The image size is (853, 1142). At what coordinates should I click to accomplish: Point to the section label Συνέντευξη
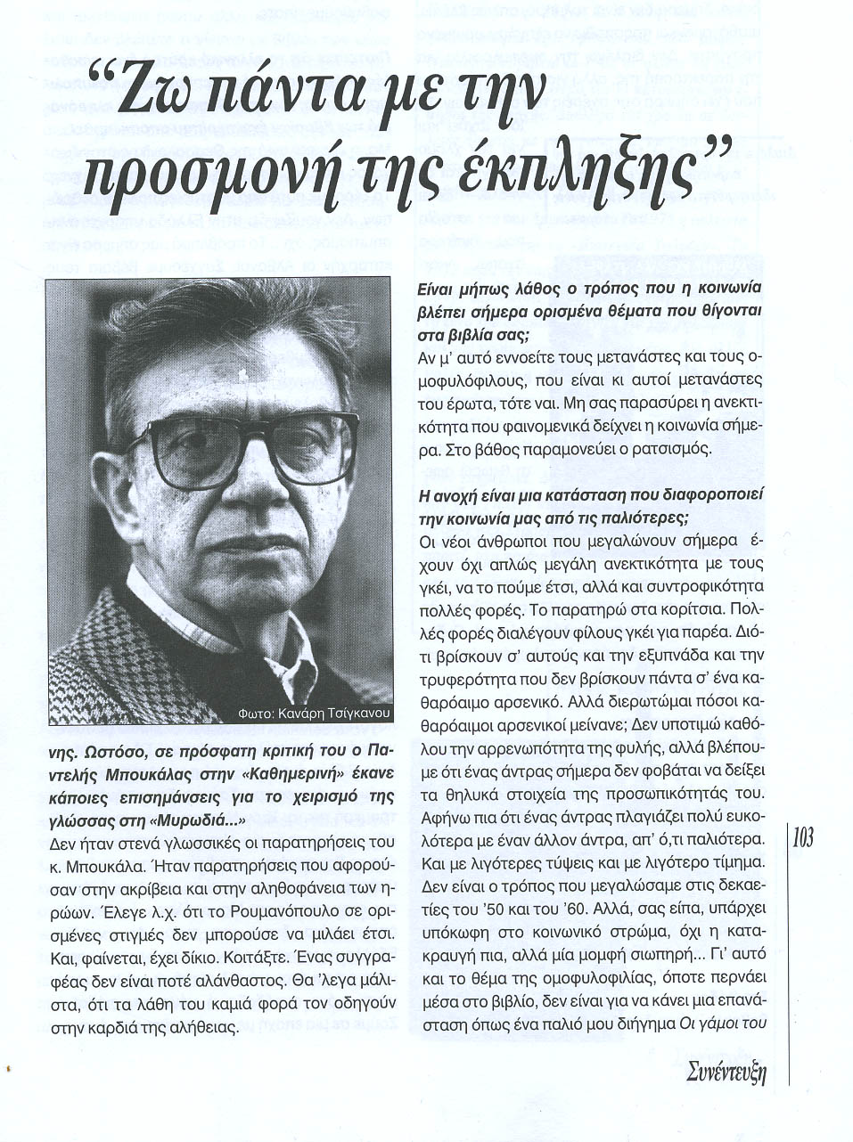tap(727, 1073)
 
